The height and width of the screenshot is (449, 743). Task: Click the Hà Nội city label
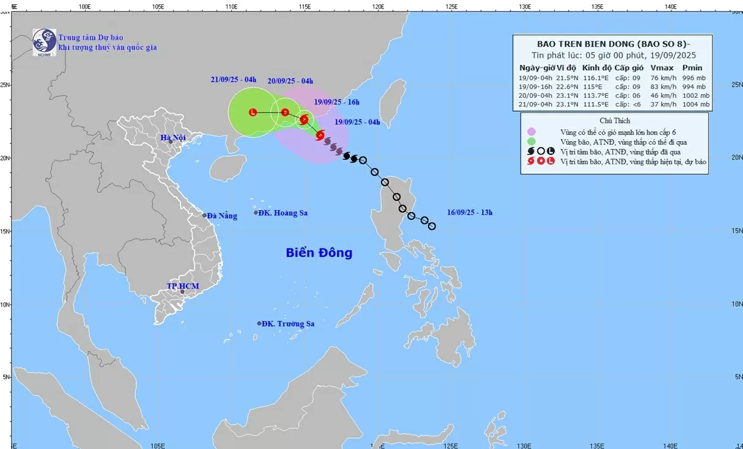(x=173, y=138)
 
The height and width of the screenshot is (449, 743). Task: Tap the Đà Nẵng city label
(x=221, y=216)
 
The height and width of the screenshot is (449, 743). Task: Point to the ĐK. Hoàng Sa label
(x=283, y=213)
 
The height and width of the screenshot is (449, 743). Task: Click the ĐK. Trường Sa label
(x=287, y=324)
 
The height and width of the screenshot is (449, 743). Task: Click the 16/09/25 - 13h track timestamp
(x=470, y=213)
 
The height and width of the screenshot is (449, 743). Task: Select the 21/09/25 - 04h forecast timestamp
(x=233, y=80)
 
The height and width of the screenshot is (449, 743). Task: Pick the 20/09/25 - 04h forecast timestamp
(x=290, y=81)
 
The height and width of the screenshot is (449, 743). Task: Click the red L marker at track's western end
(x=253, y=112)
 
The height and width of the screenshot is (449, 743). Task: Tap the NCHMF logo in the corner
(x=44, y=42)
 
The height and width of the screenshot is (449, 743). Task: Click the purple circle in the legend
(x=531, y=131)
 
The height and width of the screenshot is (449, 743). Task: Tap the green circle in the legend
(x=531, y=142)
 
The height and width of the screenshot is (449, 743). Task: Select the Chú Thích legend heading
(x=615, y=120)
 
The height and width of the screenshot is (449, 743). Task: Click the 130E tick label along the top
(x=524, y=7)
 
